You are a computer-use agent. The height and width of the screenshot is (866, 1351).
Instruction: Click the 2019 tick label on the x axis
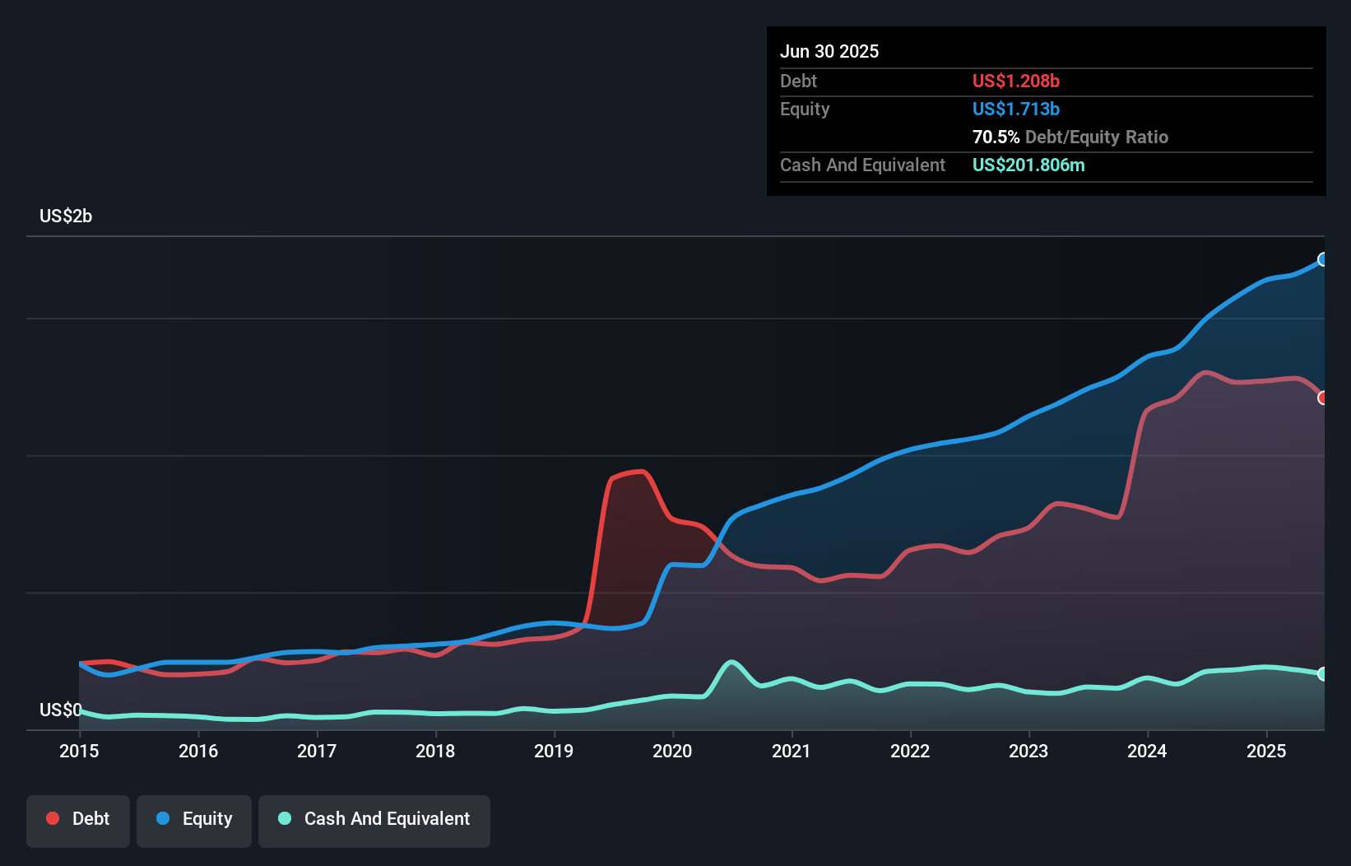[x=554, y=751]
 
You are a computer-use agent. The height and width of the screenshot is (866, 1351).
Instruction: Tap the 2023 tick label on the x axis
[x=1028, y=751]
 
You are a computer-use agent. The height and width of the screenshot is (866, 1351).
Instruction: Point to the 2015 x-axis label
[x=79, y=751]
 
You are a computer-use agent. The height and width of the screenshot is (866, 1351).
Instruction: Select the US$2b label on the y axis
[x=66, y=216]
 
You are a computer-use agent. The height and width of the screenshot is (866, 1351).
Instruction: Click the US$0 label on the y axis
[x=61, y=710]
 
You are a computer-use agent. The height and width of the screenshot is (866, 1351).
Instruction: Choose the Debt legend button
[x=78, y=819]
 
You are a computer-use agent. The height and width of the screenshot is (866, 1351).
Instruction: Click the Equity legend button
[x=194, y=819]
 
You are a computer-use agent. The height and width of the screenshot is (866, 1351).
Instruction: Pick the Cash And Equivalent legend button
[x=374, y=819]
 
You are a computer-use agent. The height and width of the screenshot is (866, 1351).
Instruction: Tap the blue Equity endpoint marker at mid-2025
[x=1323, y=259]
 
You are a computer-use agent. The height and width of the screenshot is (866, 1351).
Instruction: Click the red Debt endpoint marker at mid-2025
[x=1323, y=398]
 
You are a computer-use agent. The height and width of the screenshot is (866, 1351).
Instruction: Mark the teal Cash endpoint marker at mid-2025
[x=1323, y=673]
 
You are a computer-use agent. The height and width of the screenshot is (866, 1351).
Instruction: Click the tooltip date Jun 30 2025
[x=829, y=51]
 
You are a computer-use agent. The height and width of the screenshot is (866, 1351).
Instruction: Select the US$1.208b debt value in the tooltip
[x=1015, y=81]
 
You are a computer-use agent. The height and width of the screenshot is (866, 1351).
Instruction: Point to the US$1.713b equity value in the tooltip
[x=1015, y=109]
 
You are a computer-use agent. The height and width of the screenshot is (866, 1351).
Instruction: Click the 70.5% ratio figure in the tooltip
[x=996, y=137]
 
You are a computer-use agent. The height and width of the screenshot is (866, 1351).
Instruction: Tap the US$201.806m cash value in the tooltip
[x=1028, y=165]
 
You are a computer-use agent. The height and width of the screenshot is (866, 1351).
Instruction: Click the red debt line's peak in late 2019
[x=642, y=472]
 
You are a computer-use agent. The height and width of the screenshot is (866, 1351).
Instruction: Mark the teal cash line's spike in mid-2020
[x=731, y=662]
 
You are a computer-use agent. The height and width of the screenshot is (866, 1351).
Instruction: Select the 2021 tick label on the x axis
[x=791, y=751]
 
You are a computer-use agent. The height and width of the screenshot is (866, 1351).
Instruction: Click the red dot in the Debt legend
[x=53, y=818]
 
